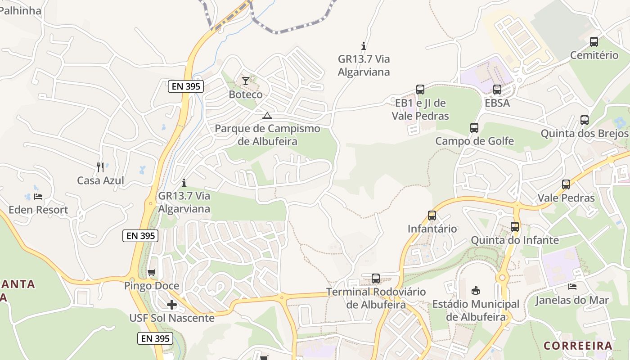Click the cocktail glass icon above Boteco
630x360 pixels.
[245, 81]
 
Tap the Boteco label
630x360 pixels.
[245, 94]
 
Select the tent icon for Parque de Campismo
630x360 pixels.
[267, 116]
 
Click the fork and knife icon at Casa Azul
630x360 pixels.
[100, 167]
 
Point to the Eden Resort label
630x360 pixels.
[38, 210]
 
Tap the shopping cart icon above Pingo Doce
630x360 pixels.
[152, 273]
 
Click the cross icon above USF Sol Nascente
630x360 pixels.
[171, 305]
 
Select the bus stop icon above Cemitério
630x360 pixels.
[594, 42]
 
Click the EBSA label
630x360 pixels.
[497, 103]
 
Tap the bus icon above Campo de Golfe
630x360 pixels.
[474, 128]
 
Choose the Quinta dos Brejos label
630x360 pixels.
[584, 134]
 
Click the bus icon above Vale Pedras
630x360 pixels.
[566, 184]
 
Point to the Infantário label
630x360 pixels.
[432, 229]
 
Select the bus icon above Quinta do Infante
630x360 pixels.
[515, 227]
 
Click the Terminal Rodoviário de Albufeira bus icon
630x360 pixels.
[376, 279]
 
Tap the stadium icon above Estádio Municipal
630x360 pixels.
[476, 291]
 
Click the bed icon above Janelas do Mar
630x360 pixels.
[572, 287]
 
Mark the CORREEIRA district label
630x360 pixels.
[578, 346]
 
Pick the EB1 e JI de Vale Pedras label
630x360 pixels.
[420, 109]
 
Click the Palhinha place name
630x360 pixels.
[20, 10]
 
